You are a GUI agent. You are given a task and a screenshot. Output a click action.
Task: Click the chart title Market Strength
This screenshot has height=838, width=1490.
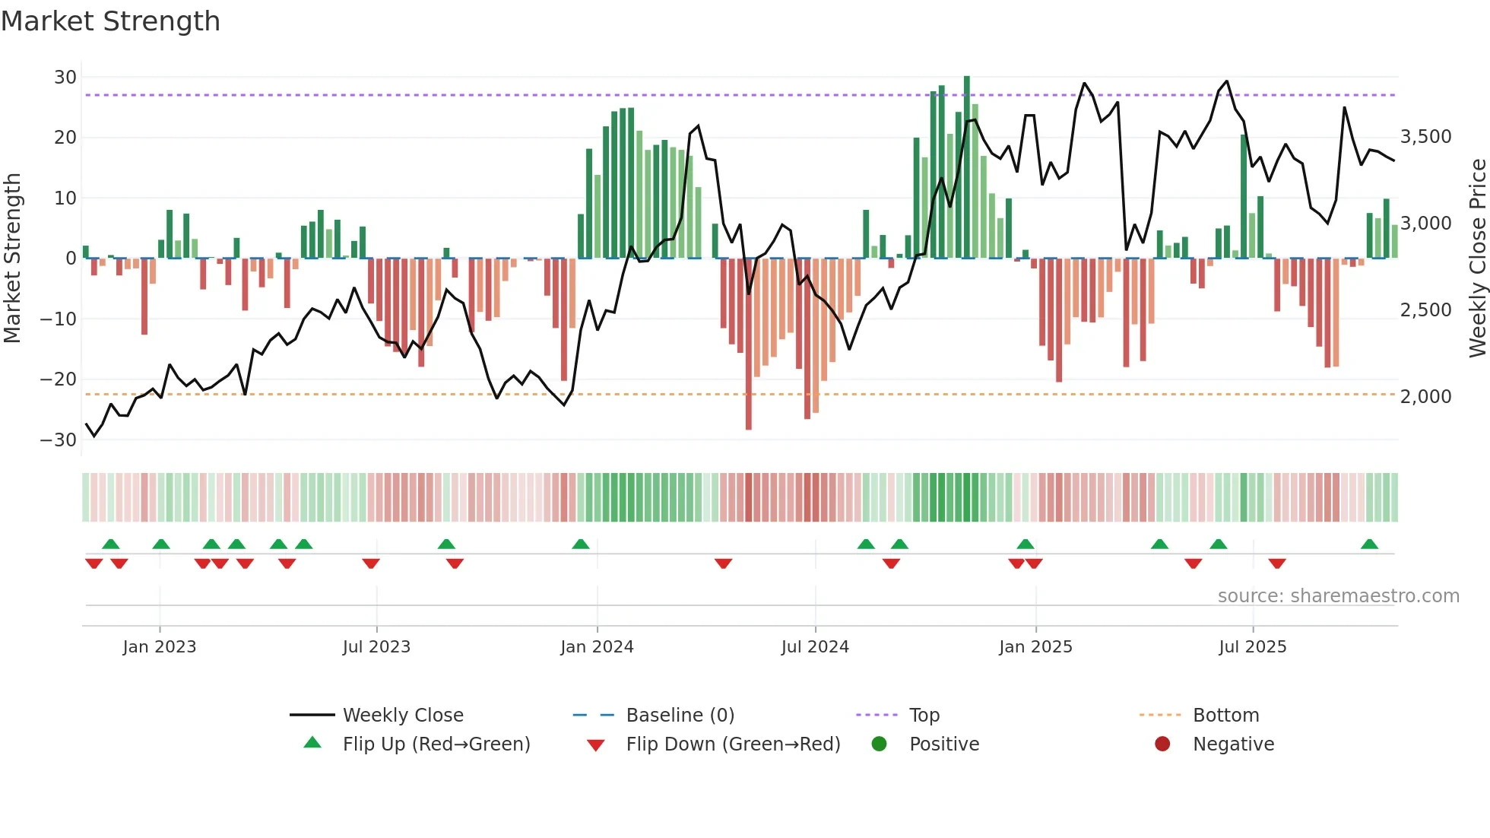(110, 21)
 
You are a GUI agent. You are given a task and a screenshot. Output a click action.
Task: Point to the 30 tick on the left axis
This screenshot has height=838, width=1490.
(65, 78)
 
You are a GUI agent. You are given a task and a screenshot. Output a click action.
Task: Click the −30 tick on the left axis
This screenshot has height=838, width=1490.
(59, 440)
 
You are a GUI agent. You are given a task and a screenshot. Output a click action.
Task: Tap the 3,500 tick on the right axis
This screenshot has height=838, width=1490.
(1425, 137)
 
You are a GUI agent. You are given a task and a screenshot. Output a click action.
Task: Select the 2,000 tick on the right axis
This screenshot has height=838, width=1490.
(1425, 397)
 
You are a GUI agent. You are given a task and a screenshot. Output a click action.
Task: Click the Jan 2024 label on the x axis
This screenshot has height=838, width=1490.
(597, 647)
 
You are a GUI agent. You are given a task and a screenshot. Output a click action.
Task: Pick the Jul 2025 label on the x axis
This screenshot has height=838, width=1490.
(1252, 647)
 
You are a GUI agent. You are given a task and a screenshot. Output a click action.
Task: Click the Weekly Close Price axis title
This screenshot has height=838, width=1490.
(1477, 259)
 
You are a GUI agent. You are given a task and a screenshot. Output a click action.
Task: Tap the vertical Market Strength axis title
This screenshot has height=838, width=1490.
(13, 259)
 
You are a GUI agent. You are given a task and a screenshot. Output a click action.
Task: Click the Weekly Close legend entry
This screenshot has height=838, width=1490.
(402, 716)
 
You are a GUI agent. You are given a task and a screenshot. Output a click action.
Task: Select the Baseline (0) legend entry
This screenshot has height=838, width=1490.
(680, 716)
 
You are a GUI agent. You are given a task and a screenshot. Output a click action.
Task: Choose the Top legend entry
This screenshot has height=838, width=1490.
(924, 716)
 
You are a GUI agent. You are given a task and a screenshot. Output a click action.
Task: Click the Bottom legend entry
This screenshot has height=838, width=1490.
(1225, 716)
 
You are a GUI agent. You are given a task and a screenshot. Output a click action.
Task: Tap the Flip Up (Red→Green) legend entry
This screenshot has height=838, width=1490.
(436, 744)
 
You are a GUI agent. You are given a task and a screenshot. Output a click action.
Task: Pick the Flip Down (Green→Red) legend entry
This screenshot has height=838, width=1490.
(733, 744)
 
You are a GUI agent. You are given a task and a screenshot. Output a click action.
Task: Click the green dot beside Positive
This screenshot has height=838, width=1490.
(880, 744)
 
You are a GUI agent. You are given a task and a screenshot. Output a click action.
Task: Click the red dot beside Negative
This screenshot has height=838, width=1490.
(1162, 744)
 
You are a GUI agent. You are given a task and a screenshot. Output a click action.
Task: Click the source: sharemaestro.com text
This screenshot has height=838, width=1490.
(1338, 596)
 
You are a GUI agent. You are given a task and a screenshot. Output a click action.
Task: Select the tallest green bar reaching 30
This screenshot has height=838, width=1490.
(967, 167)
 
